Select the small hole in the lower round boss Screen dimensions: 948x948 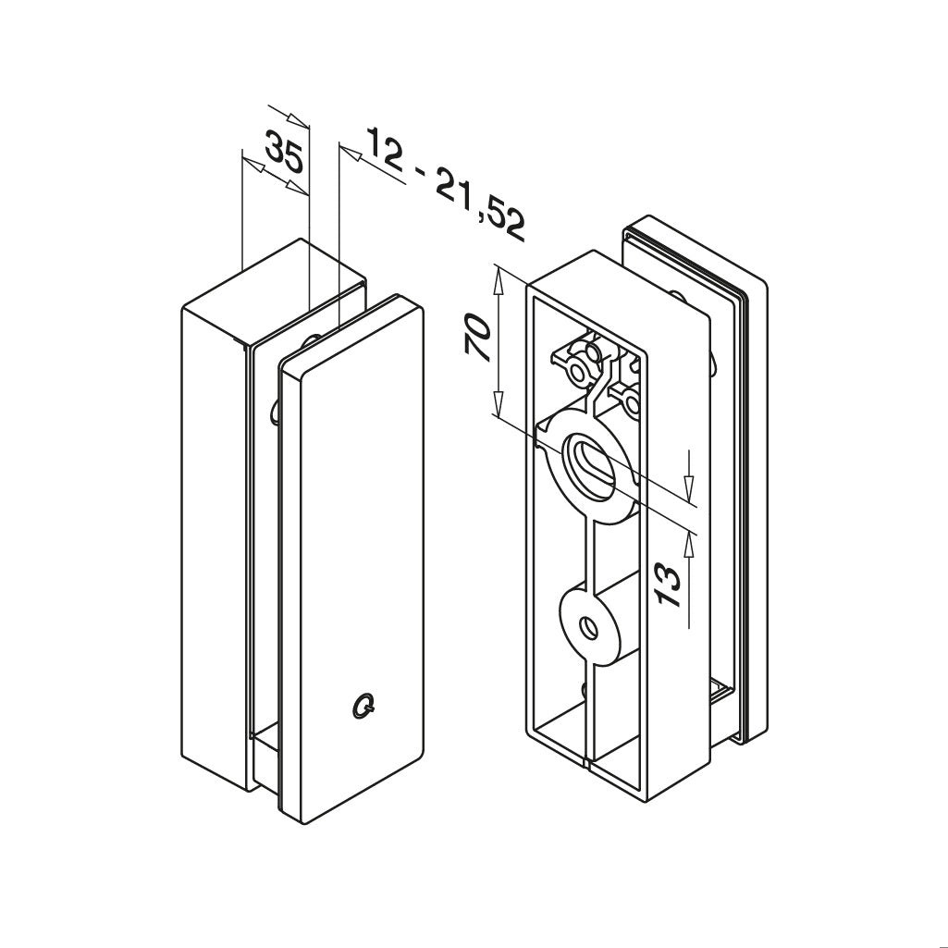click(x=589, y=629)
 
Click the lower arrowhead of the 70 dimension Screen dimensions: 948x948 click(x=499, y=401)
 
